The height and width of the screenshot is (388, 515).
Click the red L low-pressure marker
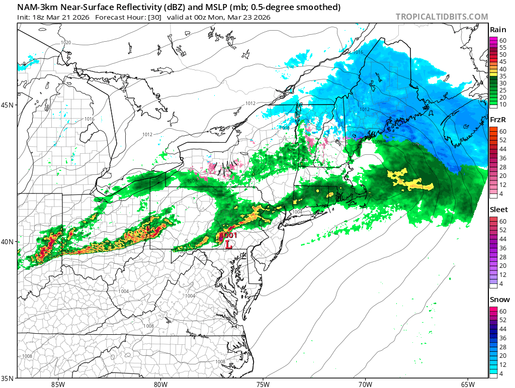[x=228, y=244]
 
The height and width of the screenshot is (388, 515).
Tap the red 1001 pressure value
[x=229, y=235]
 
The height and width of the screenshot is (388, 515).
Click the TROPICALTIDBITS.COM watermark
[x=442, y=17]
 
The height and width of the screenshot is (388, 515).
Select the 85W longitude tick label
[x=58, y=384]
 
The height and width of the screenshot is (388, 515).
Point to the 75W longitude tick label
[x=263, y=384]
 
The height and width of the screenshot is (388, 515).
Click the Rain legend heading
[x=498, y=30]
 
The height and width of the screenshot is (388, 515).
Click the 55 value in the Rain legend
[x=503, y=47]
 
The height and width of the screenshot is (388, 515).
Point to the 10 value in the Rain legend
[x=503, y=105]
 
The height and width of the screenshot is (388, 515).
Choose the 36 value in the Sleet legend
[x=503, y=248]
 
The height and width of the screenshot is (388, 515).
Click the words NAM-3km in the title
[x=38, y=7]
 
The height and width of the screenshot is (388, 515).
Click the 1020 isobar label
[x=66, y=43]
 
